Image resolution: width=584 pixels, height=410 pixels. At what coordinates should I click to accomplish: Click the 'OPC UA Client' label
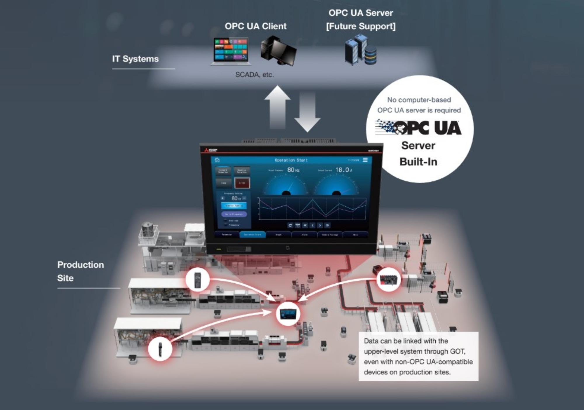pos(255,26)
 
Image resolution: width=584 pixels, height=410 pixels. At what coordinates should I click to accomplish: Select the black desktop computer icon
pos(278,50)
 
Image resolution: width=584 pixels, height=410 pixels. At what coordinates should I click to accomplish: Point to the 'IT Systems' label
pos(135,59)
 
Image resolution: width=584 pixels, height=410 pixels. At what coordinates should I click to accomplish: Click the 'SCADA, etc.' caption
pos(254,75)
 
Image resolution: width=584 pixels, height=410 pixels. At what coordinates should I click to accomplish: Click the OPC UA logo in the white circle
pos(418,128)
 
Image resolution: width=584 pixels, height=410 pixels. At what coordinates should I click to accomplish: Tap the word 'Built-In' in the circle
pos(418,162)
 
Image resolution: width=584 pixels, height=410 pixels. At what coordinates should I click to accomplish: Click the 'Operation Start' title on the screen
pos(291,160)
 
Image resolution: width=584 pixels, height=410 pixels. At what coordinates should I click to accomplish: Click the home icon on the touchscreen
pos(217,160)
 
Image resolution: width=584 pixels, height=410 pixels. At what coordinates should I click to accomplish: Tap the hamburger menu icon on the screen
pos(365,160)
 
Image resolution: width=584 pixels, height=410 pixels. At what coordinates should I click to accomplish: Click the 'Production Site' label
pos(81,271)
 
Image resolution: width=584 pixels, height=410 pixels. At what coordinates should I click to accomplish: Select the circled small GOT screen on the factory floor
pos(288,314)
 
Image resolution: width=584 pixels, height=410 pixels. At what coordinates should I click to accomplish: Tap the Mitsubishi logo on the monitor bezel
pos(211,150)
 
